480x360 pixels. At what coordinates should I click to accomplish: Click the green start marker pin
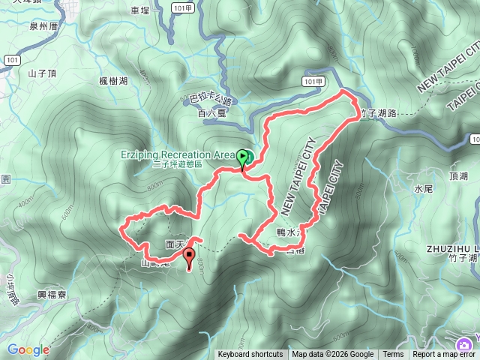click(243, 157)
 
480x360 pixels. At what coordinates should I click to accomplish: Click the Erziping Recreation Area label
click(178, 154)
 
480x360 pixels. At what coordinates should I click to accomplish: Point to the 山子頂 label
click(42, 73)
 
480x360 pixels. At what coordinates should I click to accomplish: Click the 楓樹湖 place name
click(113, 81)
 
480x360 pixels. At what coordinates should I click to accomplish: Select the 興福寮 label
click(52, 295)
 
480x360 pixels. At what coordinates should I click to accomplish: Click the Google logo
click(28, 350)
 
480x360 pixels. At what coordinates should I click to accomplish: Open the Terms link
click(393, 355)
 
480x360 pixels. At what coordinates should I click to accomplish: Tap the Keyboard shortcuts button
click(250, 355)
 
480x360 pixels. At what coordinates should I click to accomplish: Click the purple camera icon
click(466, 344)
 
